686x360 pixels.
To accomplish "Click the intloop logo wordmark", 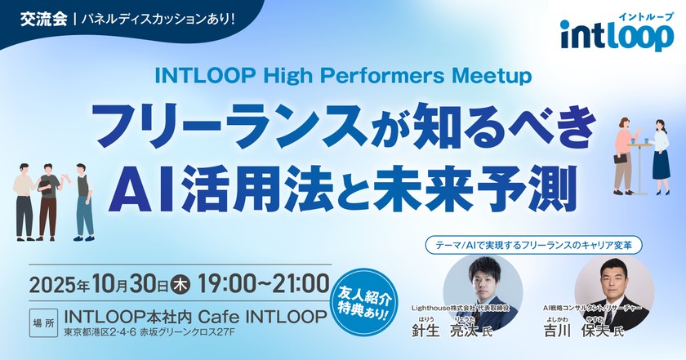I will (x=617, y=37).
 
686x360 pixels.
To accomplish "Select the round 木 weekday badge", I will (x=183, y=286).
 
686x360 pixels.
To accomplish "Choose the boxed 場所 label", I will (x=42, y=320).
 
